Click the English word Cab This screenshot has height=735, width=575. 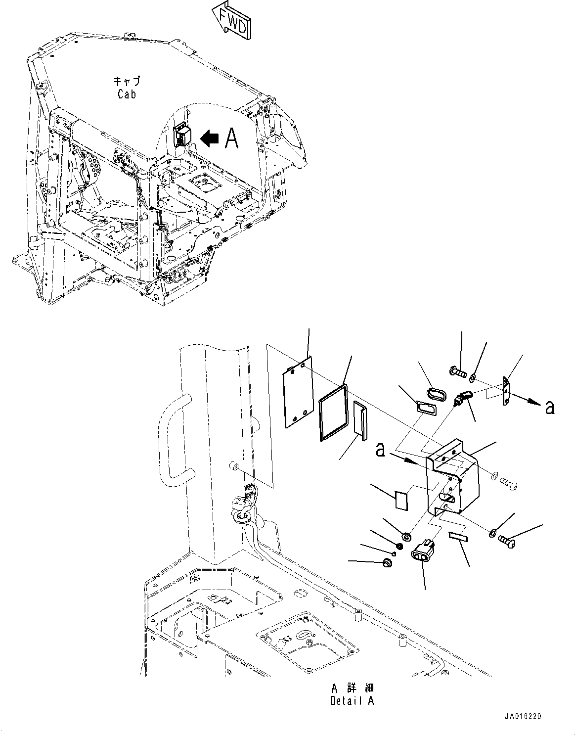127,94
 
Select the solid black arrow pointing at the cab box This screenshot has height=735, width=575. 210,139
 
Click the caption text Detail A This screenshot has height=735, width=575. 352,701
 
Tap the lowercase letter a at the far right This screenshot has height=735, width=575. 549,407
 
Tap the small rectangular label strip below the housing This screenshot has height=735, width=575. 458,535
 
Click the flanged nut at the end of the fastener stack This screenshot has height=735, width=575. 387,562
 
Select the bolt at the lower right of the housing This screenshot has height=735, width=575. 508,540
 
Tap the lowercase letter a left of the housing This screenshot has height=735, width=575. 380,451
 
